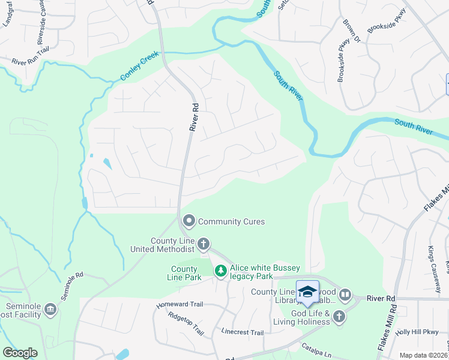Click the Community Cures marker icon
point(189,221)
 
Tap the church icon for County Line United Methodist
point(203,244)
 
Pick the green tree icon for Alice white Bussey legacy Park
point(221,272)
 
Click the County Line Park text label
point(184,273)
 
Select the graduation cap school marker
point(307,292)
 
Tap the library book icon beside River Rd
point(345,295)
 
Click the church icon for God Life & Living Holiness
point(339,316)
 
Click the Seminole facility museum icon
point(50,309)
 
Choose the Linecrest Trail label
point(242,332)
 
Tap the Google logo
point(20,352)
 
